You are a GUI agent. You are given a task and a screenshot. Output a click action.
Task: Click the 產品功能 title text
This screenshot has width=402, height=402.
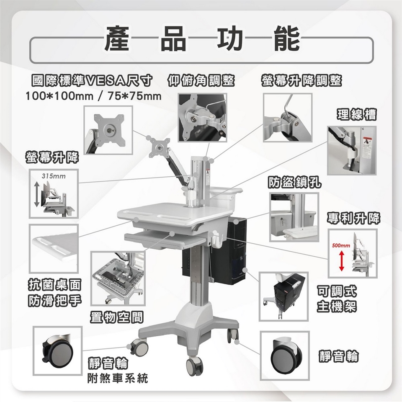tap(202, 39)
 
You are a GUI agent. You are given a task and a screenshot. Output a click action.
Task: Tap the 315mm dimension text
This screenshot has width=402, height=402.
tap(54, 176)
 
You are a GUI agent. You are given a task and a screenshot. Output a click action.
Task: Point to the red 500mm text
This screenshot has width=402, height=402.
tap(341, 246)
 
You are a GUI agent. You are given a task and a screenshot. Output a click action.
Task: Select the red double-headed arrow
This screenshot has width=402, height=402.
tap(342, 261)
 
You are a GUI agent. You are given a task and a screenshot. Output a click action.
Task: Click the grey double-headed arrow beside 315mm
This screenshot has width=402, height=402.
tap(37, 194)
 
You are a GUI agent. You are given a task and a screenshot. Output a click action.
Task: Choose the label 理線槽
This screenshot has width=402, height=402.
tap(357, 115)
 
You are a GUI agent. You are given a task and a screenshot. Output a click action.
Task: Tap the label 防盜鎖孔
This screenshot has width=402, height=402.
tap(294, 182)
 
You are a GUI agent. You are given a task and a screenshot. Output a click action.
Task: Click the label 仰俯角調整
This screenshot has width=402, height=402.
tap(201, 80)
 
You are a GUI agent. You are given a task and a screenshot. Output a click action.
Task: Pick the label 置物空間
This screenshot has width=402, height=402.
tap(116, 317)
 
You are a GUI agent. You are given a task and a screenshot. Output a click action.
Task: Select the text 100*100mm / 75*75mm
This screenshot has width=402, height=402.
tap(93, 96)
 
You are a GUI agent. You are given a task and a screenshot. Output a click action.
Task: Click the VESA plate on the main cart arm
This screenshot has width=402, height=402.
tap(160, 146)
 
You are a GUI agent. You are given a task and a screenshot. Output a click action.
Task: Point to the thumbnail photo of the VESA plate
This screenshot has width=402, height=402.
tap(108, 130)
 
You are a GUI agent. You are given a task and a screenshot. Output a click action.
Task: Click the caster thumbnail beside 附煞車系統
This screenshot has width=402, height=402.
tap(58, 351)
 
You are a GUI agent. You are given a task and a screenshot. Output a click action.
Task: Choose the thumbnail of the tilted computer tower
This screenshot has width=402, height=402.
tap(283, 296)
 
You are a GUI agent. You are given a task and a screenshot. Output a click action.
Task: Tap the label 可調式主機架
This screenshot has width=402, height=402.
tap(337, 299)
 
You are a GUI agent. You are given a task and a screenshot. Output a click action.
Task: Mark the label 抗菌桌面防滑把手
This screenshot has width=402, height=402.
tap(54, 293)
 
